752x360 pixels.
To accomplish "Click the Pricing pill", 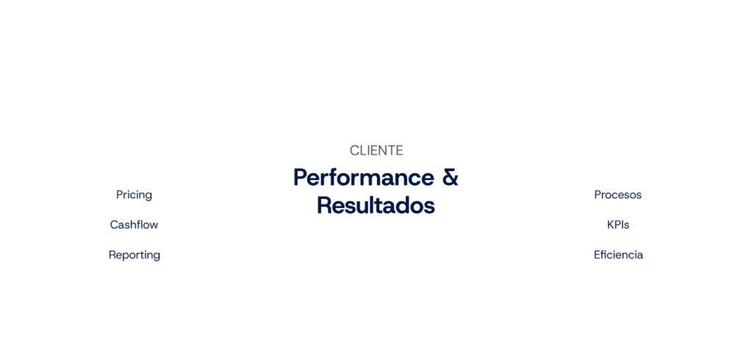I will pyautogui.click(x=134, y=195).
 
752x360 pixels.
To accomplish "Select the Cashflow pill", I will pyautogui.click(x=134, y=225).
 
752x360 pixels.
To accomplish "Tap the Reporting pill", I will pyautogui.click(x=134, y=255).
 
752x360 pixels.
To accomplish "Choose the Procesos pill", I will pyautogui.click(x=618, y=195).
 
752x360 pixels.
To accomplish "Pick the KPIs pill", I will pyautogui.click(x=618, y=225).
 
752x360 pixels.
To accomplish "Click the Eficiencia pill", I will pyautogui.click(x=618, y=255).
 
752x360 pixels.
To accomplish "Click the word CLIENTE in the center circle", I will pyautogui.click(x=375, y=151).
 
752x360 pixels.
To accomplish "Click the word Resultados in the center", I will pyautogui.click(x=375, y=205).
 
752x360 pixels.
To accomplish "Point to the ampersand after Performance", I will pyautogui.click(x=449, y=177).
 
